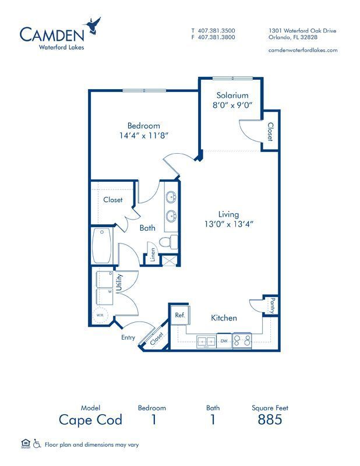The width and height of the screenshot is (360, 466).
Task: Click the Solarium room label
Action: (x=232, y=96)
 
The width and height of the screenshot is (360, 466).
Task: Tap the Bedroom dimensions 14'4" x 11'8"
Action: (x=143, y=136)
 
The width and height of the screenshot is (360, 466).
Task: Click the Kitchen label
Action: (x=224, y=318)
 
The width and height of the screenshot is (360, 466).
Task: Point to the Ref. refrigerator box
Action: (x=179, y=315)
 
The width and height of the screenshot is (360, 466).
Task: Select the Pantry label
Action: (x=271, y=304)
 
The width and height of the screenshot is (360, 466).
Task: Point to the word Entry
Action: (x=128, y=337)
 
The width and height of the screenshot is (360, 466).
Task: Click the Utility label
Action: (x=118, y=283)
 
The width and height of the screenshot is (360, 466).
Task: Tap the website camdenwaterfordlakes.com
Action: (x=302, y=50)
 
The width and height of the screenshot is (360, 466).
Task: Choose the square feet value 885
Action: (x=270, y=419)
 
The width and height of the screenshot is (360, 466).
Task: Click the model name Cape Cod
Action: (x=90, y=419)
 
